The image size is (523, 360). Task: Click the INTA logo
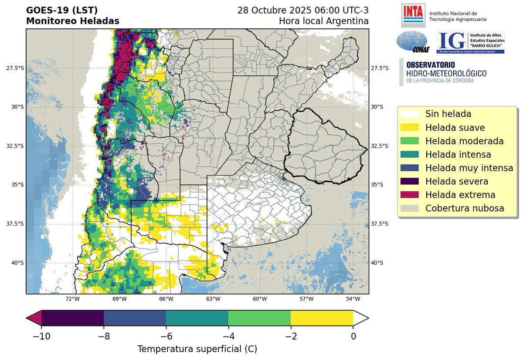tap(412, 16)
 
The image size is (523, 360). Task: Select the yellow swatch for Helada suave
tap(409, 128)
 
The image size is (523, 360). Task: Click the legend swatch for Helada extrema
tap(409, 195)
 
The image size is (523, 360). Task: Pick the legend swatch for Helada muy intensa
tap(409, 168)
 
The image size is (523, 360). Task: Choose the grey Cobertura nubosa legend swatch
tap(409, 208)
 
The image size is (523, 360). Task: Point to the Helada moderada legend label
tap(465, 141)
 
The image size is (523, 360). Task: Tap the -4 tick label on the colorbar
tap(228, 336)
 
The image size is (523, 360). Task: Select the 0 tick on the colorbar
tap(353, 336)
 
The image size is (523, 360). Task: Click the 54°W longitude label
tap(353, 299)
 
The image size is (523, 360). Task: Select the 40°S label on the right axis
tap(377, 263)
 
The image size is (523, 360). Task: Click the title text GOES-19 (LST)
tap(62, 10)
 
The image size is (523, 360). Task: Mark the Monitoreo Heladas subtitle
tap(72, 21)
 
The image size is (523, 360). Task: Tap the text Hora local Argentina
tap(323, 21)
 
